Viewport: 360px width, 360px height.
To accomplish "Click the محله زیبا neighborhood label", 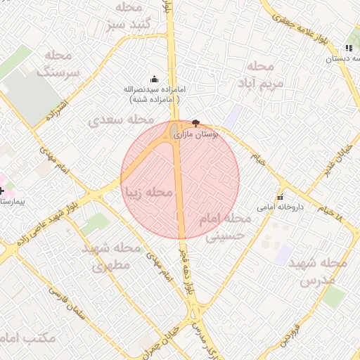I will (148, 192).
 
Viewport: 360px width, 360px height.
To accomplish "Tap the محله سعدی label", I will (117, 121).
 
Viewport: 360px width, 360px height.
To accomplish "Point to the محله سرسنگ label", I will (58, 64).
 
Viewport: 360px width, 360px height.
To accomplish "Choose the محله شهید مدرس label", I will (322, 271).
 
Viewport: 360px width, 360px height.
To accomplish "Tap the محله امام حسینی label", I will (224, 229).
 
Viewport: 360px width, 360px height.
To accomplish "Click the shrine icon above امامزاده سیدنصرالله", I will (155, 79).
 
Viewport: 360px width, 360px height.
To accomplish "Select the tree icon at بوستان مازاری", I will (195, 123).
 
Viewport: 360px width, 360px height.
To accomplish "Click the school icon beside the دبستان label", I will (349, 49).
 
